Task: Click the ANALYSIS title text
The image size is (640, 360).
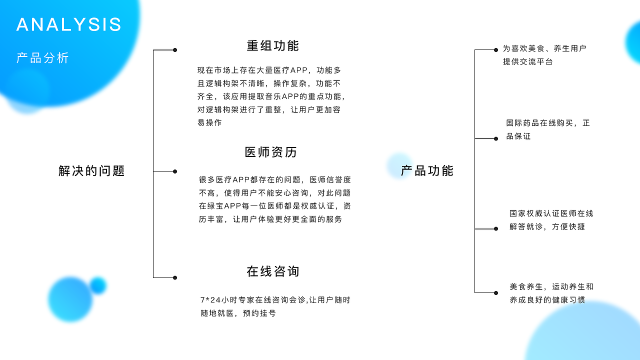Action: click(x=69, y=24)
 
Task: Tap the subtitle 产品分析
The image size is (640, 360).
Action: click(x=42, y=58)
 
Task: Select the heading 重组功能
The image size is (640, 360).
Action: click(x=272, y=45)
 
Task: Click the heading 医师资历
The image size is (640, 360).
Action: click(x=271, y=152)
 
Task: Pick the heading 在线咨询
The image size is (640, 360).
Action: click(x=272, y=271)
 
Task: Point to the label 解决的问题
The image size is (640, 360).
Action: click(x=91, y=171)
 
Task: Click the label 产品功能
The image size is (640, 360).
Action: click(x=427, y=171)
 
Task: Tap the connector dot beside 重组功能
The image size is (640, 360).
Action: click(x=175, y=50)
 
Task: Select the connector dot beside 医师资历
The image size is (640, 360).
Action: click(x=175, y=171)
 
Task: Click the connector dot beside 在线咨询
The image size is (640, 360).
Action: click(x=175, y=277)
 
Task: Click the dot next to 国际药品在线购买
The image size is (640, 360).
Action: click(x=496, y=138)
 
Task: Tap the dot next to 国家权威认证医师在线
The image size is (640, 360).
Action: click(x=496, y=228)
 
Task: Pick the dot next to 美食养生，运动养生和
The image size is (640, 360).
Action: click(x=496, y=292)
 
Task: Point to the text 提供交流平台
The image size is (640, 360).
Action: click(x=527, y=62)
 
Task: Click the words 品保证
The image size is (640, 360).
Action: click(x=518, y=136)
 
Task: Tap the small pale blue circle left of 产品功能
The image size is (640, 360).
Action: click(x=399, y=166)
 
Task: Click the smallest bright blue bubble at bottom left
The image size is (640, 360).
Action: click(x=98, y=285)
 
